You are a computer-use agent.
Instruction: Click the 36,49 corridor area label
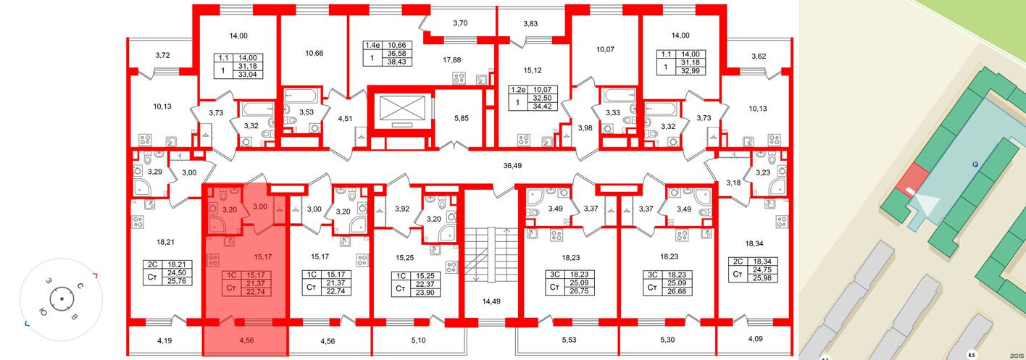coord(512,165)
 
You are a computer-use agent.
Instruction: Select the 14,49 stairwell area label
coord(491,301)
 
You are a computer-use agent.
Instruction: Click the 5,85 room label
coord(462,118)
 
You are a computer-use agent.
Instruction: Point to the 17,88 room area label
coord(451,60)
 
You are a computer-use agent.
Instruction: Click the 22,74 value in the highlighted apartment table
coord(259,292)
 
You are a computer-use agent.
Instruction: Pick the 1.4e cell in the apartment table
coord(372,46)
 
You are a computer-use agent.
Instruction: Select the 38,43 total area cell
coord(396,62)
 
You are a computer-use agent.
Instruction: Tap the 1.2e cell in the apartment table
coord(519,90)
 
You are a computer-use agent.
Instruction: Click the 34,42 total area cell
coord(543,106)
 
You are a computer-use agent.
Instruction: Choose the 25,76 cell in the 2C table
coord(177,281)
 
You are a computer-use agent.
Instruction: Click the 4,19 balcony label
coord(164,340)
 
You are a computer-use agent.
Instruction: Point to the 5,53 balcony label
coord(569,340)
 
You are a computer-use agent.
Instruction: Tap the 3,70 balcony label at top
coord(460,23)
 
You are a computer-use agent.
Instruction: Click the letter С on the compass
coord(80,287)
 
